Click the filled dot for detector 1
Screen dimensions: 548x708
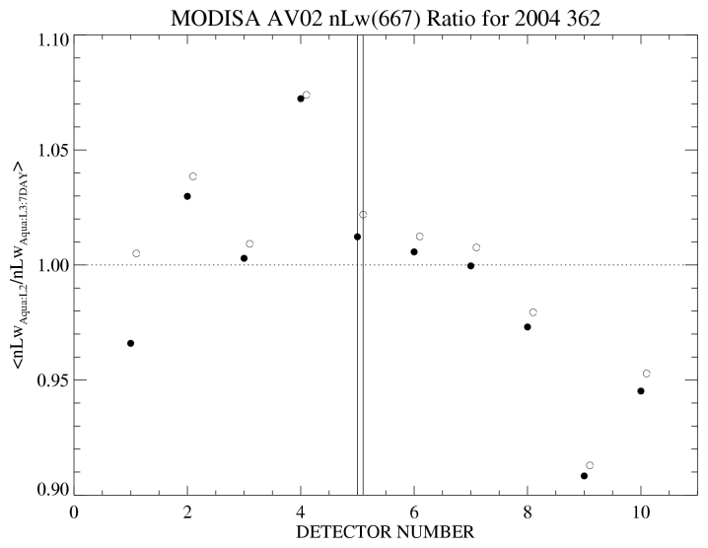coord(130,343)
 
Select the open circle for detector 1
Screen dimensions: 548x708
coord(136,253)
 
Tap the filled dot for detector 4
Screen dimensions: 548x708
coord(300,99)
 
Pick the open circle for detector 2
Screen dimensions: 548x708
coord(193,176)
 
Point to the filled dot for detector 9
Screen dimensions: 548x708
coord(584,476)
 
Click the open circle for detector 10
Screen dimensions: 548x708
coord(647,374)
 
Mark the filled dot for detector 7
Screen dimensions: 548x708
coord(470,266)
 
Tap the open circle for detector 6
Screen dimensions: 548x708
coord(420,237)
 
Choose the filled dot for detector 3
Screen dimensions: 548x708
coord(244,258)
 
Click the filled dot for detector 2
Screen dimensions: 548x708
coord(187,196)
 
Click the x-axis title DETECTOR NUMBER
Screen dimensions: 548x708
coord(386,532)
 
